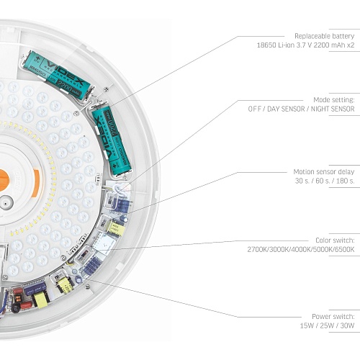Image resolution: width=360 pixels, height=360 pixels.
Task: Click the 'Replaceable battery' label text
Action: coord(325,36)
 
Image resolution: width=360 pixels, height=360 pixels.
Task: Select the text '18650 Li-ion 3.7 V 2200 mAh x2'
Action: coord(305,45)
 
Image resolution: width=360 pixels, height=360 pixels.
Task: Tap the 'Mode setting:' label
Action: coord(334,100)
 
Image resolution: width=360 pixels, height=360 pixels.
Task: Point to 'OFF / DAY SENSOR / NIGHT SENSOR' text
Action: coord(301,109)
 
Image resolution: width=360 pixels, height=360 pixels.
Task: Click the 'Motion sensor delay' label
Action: coord(324,172)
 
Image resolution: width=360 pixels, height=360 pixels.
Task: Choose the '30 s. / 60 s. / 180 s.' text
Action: coord(325,181)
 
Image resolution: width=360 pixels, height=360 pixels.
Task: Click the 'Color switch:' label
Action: coord(335,240)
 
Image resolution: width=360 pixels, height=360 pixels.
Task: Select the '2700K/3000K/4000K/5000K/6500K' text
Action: coord(301,249)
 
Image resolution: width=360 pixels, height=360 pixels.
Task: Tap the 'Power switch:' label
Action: coord(333,317)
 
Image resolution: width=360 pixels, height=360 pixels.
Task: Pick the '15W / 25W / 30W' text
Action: coord(327,325)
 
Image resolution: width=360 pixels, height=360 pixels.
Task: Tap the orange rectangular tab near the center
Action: coord(36,183)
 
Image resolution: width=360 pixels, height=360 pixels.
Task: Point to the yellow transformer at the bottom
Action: coord(42,300)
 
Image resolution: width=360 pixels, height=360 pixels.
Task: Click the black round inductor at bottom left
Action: coord(16,308)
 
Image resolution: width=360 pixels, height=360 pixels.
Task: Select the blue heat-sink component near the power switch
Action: coord(92,266)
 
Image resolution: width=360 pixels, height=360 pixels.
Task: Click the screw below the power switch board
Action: coord(88,286)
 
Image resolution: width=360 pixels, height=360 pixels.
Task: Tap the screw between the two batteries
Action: coord(107,89)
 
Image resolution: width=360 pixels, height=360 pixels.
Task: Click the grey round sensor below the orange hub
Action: coord(5,203)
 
